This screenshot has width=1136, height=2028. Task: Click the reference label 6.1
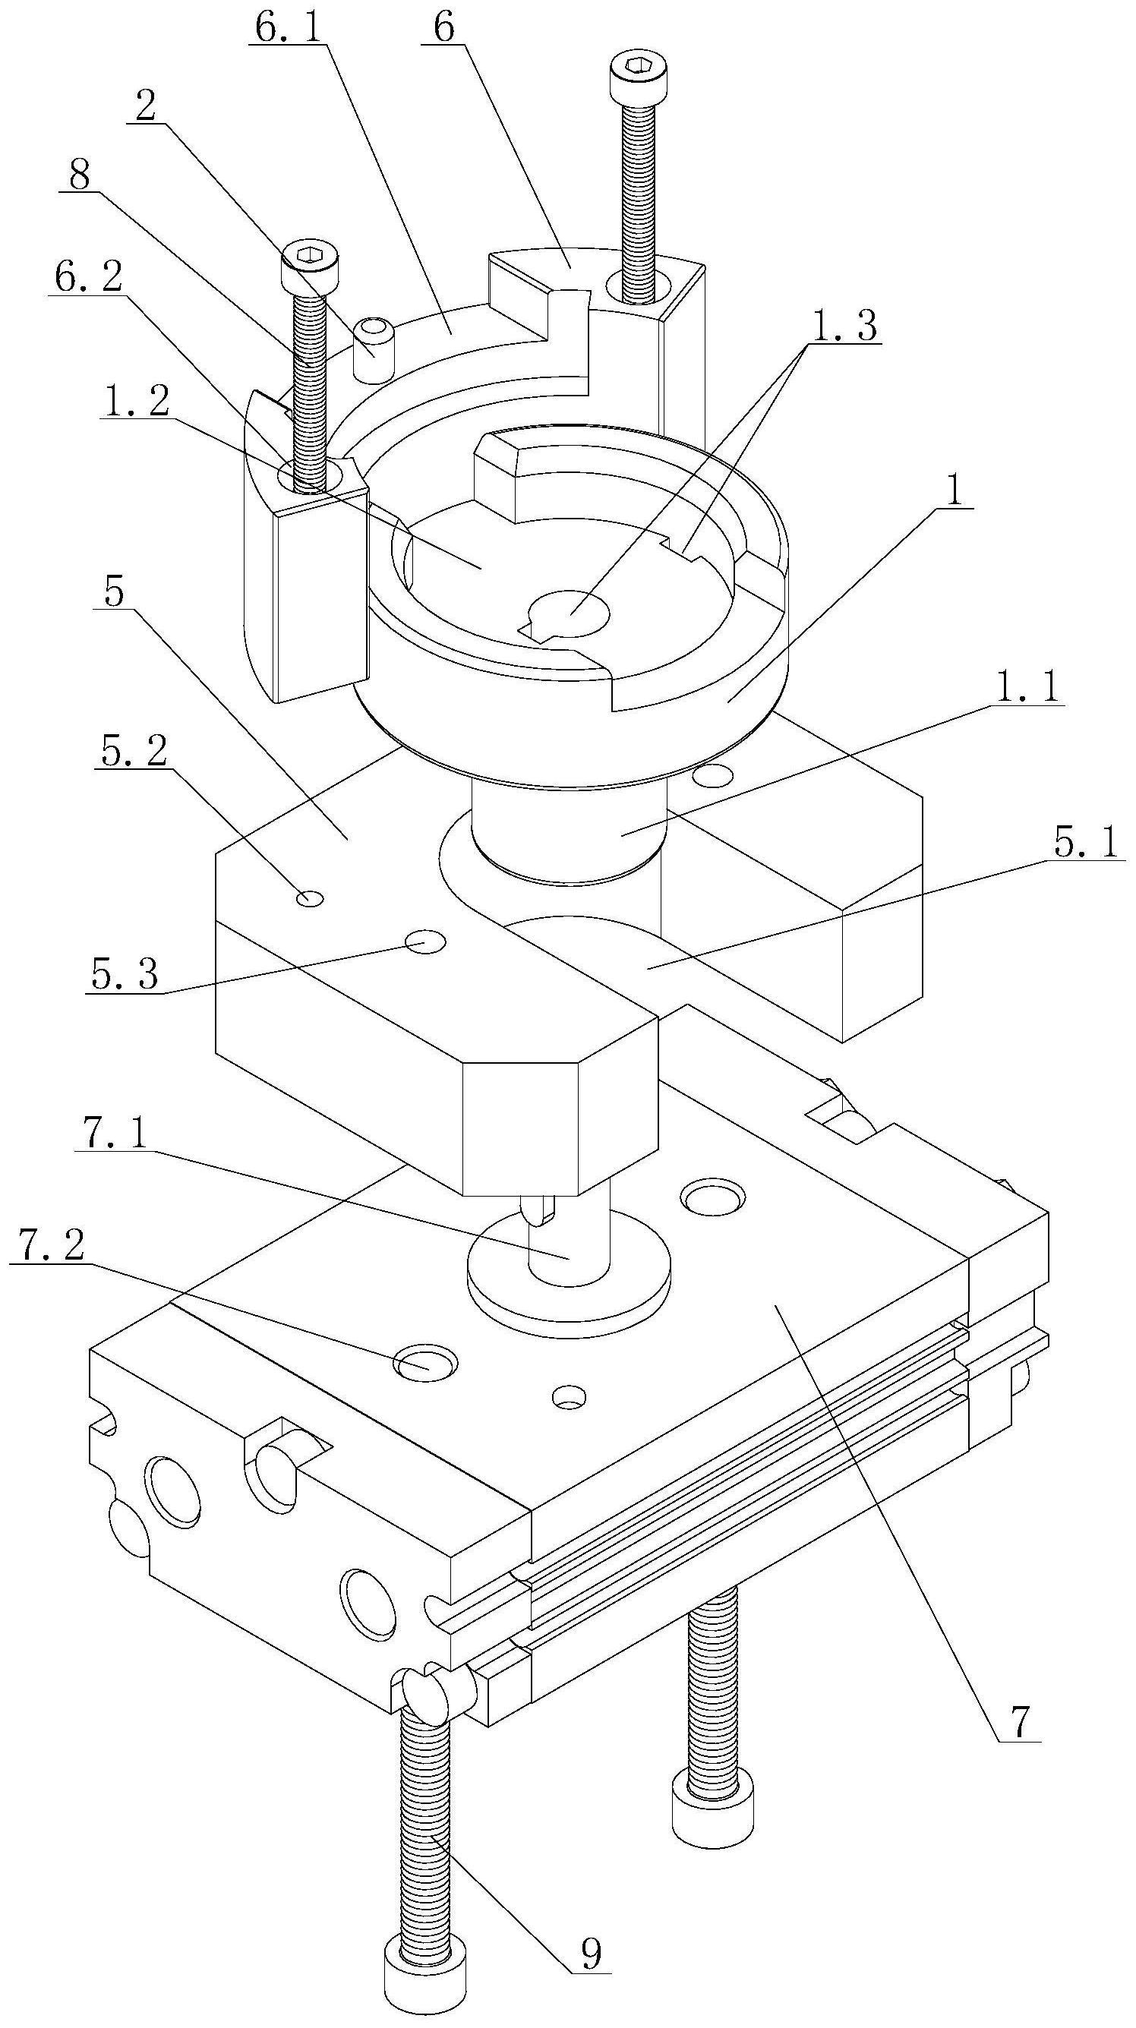pos(286,27)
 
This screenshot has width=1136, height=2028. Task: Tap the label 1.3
pos(843,326)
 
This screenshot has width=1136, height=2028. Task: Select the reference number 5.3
pos(125,976)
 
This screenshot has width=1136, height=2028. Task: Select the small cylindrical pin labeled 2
pos(372,349)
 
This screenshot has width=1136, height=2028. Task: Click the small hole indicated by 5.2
pos(308,897)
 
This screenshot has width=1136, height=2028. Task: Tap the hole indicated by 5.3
pos(425,941)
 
